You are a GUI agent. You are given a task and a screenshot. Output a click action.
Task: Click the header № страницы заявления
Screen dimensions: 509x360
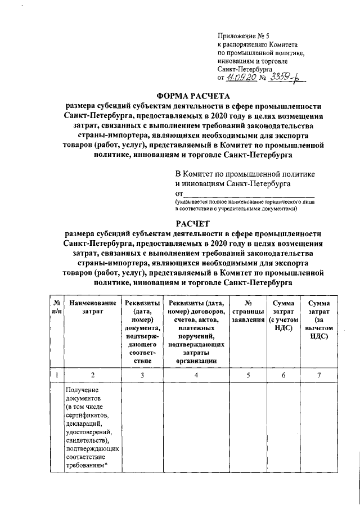[x=247, y=312]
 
